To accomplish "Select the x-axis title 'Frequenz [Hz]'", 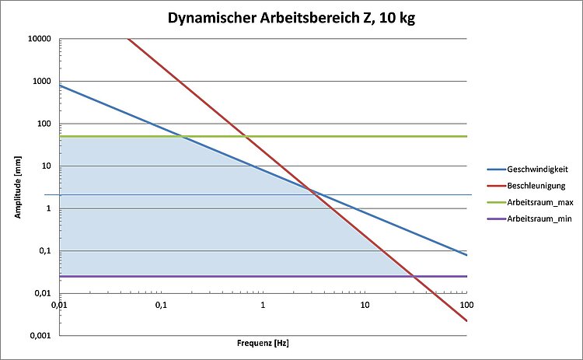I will tap(263, 342).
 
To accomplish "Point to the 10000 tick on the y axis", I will tap(40, 39).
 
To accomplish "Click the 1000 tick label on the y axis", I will tap(42, 81).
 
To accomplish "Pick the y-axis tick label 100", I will tap(44, 124).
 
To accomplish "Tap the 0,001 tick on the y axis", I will tap(40, 336).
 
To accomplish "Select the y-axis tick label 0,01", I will tap(42, 293).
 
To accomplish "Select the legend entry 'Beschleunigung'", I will tap(535, 186).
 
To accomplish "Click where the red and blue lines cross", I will tap(310, 190).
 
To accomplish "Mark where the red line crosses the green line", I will tap(246, 137).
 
